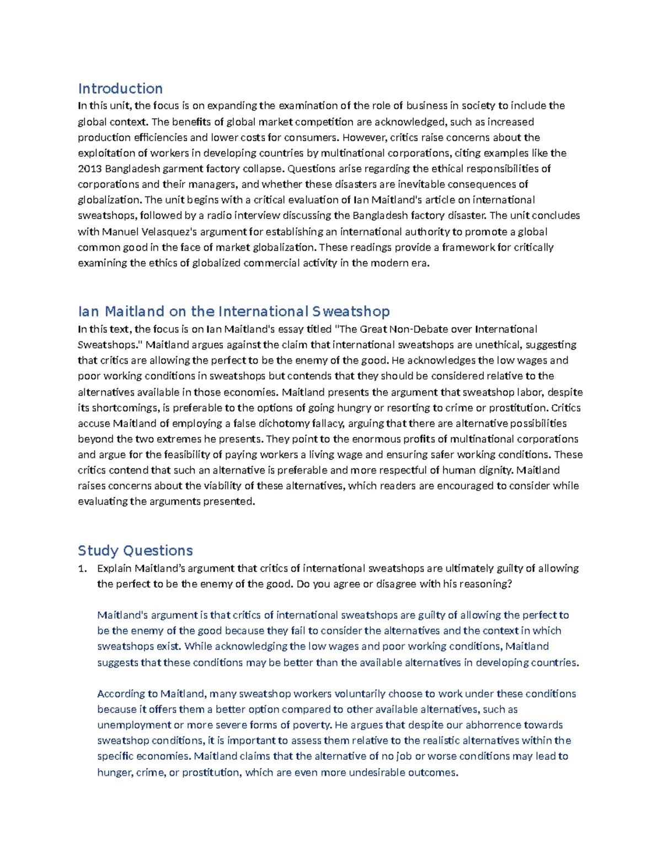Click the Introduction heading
(x=120, y=88)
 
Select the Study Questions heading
(x=135, y=550)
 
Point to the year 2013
(x=89, y=168)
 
